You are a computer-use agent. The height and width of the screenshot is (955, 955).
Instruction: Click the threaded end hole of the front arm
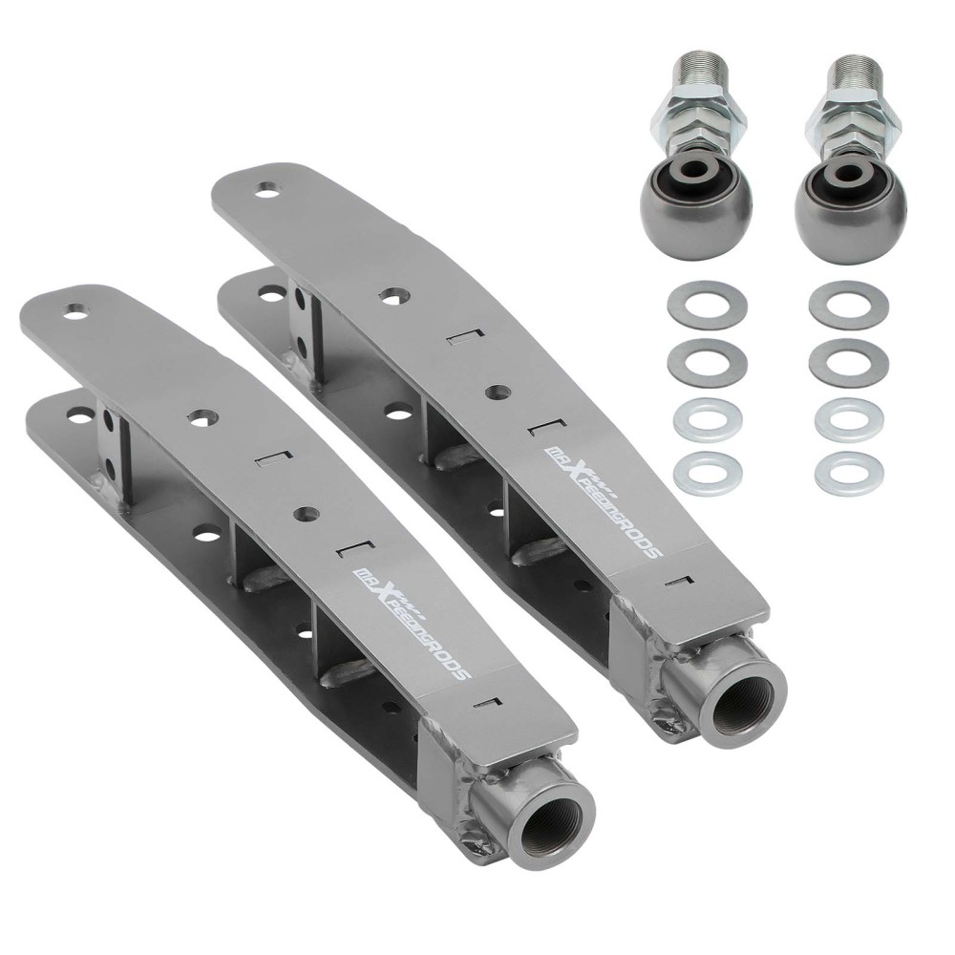coord(555,829)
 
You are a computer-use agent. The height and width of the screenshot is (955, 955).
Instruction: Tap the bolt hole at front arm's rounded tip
coord(74,310)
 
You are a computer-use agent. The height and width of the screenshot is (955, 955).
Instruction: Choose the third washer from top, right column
coord(848,417)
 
